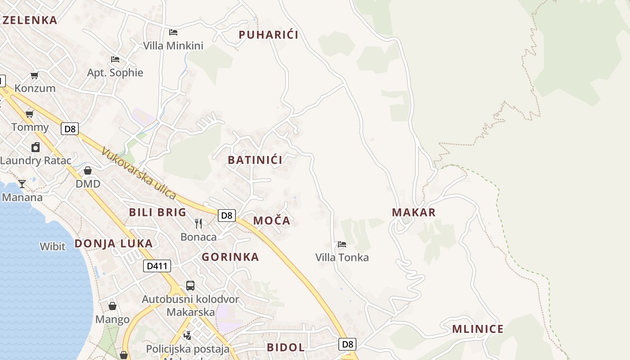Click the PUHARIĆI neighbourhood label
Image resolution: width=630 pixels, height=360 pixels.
269,35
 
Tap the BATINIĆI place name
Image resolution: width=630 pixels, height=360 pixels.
255,160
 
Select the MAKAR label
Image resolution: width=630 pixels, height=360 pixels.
414,212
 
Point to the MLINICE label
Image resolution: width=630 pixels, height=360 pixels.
478,329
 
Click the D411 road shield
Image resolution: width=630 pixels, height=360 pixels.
157,266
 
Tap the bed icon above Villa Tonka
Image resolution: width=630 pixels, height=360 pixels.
342,245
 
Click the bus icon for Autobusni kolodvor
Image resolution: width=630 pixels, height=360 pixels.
190,286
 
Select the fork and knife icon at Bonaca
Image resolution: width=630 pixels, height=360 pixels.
198,223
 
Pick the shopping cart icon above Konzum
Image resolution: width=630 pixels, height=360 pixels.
35,75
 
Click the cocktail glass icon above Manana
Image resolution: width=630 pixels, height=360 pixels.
22,184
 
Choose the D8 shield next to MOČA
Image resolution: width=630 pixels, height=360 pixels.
227,216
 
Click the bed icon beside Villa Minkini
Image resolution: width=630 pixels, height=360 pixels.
173,32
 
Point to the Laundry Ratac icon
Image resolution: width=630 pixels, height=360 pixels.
36,147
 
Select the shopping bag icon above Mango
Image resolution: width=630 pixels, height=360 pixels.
112,306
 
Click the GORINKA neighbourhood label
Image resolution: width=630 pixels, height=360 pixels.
230,257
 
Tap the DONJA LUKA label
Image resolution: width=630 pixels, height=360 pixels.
113,243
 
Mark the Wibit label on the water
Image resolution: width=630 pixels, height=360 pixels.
53,247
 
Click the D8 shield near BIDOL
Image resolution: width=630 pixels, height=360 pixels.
347,344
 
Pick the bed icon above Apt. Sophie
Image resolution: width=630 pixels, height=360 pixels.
115,59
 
